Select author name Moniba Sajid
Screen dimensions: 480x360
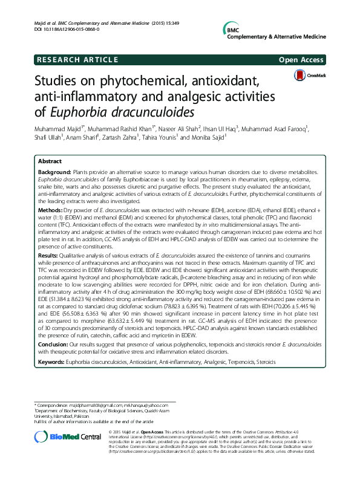point(206,137)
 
